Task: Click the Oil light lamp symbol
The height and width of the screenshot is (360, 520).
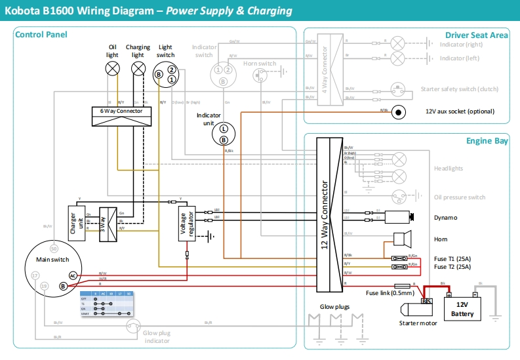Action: click(x=113, y=68)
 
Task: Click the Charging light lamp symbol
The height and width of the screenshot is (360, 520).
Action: click(x=138, y=68)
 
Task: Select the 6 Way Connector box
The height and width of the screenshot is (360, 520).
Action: click(x=121, y=116)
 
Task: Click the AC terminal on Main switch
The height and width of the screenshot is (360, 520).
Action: click(x=73, y=275)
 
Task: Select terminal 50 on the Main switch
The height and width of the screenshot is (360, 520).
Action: click(x=54, y=249)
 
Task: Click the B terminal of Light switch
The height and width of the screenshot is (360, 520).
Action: click(x=158, y=75)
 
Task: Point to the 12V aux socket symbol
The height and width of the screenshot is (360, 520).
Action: click(x=397, y=112)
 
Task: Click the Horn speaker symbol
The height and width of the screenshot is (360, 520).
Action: click(x=401, y=239)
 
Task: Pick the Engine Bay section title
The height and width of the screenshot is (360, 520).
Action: click(x=487, y=141)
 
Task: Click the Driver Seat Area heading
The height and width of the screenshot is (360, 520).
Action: click(x=477, y=35)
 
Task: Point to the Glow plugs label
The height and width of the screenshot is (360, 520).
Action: click(x=334, y=306)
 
